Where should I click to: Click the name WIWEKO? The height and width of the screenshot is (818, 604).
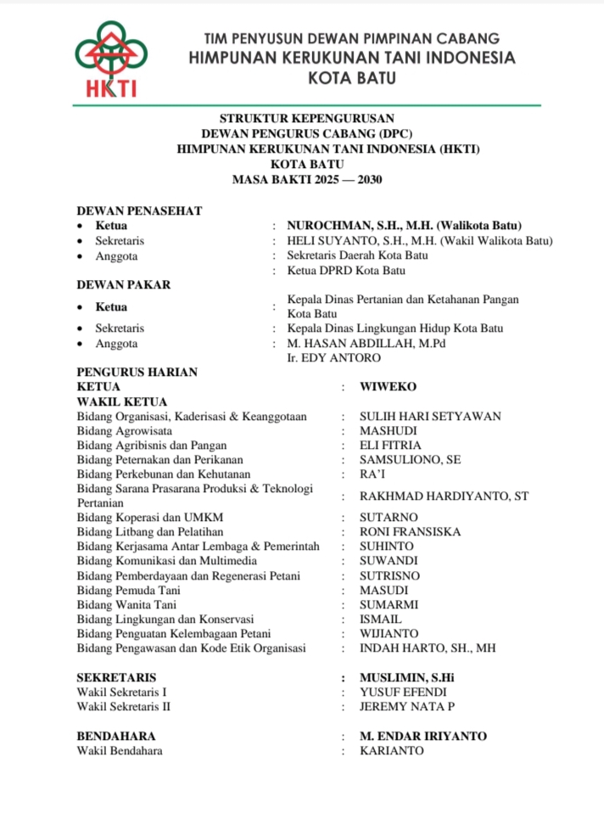point(388,387)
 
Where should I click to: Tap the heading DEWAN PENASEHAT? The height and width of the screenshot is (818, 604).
point(139,210)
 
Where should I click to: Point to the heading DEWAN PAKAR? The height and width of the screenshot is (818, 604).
point(123,285)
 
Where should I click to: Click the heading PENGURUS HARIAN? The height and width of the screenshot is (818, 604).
point(137,372)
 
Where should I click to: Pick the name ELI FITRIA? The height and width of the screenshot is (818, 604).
point(390,445)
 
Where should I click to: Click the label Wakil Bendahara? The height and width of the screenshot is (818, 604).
point(119,751)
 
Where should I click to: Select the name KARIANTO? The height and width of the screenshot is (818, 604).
point(391,751)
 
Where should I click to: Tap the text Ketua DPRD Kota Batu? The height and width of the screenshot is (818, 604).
point(345,271)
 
